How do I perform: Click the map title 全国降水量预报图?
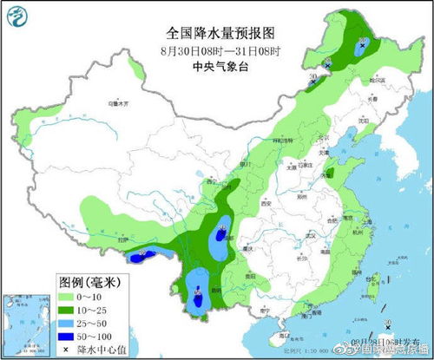tap(220, 32)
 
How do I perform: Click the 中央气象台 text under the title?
tap(220, 64)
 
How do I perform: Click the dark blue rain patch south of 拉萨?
tap(144, 256)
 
